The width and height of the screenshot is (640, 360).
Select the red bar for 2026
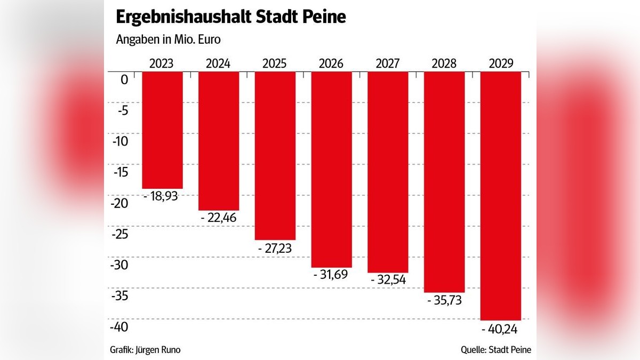tap(331, 169)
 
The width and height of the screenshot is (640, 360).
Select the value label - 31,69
tap(331, 275)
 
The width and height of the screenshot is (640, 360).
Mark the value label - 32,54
tap(388, 280)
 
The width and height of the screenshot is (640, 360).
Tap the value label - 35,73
tap(444, 300)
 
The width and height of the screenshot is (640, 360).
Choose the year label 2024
tap(218, 63)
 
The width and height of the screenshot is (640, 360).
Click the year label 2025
tap(275, 63)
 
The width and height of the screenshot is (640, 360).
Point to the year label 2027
tap(388, 63)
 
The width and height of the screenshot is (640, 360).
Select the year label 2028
tap(444, 63)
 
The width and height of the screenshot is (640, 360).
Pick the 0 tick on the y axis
tap(124, 80)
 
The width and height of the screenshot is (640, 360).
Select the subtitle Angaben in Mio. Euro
tap(154, 39)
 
